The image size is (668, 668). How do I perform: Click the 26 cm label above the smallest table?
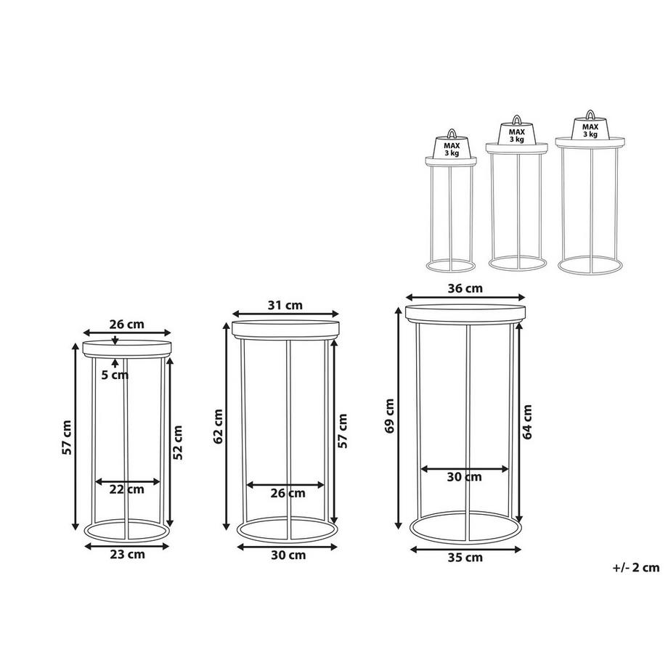tap(127, 325)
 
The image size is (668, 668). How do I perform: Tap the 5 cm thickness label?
tap(115, 375)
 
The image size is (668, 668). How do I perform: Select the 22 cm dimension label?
tap(127, 489)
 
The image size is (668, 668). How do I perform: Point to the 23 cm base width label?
tap(127, 555)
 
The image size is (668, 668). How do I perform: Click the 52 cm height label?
tap(179, 443)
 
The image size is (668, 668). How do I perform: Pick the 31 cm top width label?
tap(285, 306)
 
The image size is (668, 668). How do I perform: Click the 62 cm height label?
tap(219, 427)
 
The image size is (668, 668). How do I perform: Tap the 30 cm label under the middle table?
tap(288, 555)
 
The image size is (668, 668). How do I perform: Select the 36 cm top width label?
tap(465, 288)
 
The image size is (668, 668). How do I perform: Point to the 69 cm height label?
tap(389, 416)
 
